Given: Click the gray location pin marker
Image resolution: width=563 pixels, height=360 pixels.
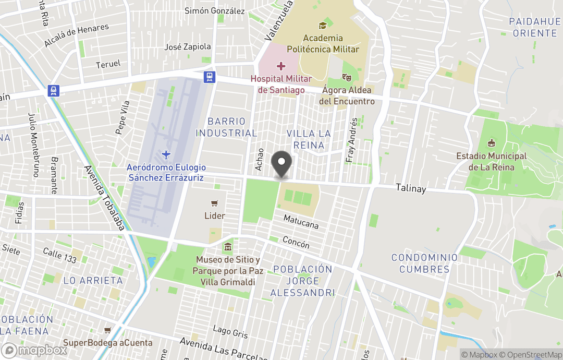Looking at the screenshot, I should tap(282, 163).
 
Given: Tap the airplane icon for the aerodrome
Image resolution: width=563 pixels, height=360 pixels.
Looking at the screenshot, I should tap(166, 154).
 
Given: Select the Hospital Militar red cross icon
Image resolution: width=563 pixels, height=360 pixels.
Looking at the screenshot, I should tap(281, 66).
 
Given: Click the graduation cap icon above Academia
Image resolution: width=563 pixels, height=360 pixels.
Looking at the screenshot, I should tap(322, 25).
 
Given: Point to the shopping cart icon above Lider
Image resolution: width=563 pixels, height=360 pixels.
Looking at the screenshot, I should tap(214, 203).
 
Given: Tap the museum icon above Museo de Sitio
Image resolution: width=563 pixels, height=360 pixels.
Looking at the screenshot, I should tap(228, 247).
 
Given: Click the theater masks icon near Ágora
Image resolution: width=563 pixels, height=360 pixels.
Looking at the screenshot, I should tap(345, 77).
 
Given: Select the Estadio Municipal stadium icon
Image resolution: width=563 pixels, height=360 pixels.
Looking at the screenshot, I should tap(491, 143).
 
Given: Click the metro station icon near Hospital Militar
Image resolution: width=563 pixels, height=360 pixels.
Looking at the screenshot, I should tap(209, 77).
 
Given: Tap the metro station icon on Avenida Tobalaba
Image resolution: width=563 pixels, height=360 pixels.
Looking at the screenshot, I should tap(53, 91).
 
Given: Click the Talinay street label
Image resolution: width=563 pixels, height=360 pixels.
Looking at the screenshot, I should tap(411, 188).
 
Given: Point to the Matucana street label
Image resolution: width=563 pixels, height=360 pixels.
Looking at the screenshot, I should tap(301, 222).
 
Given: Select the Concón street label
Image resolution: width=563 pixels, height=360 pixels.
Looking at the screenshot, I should tap(296, 242).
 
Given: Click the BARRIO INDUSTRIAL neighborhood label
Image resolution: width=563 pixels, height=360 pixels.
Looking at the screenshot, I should tap(226, 127).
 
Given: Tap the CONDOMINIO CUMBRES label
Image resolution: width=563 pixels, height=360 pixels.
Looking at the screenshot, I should tap(424, 263).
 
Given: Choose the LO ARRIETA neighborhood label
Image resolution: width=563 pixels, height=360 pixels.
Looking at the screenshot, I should tap(93, 280).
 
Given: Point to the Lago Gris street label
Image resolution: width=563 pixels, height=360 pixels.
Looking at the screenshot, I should tap(230, 331).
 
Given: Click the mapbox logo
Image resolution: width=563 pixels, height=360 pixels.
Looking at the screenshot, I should tap(34, 350).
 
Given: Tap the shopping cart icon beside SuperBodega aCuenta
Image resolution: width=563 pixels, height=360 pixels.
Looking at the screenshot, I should tap(107, 330).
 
